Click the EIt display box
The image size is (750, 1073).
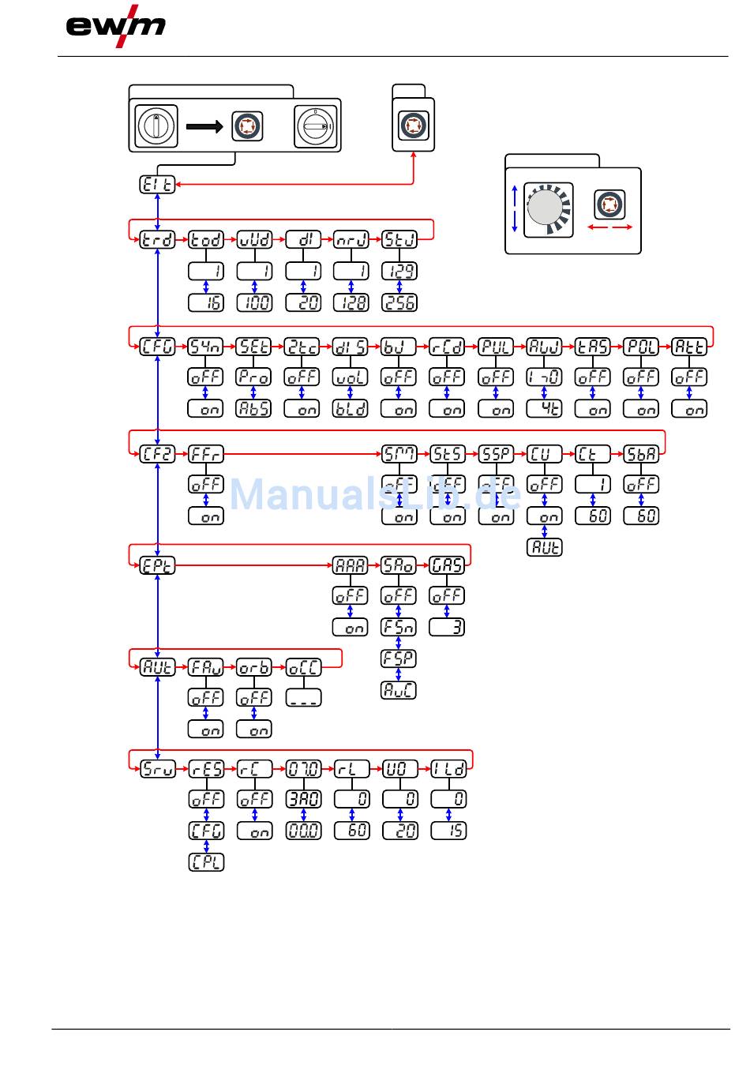point(158,184)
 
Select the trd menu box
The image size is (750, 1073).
point(158,239)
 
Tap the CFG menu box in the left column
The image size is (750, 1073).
point(158,346)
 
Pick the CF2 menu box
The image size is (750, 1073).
point(158,454)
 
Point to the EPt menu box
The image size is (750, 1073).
point(158,565)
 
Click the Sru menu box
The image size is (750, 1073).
point(158,768)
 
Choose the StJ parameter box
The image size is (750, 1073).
point(399,239)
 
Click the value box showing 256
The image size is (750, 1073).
point(399,302)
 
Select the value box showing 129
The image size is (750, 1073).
point(399,271)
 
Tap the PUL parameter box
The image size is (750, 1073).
point(496,346)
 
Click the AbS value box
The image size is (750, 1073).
point(254,409)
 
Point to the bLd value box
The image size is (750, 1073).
point(351,409)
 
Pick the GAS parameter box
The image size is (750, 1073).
point(447,565)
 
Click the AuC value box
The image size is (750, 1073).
point(399,690)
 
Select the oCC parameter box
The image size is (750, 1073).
point(303,667)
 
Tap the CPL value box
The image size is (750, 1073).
point(206,862)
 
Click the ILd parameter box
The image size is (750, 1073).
point(448,768)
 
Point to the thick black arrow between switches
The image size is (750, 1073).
point(204,126)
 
